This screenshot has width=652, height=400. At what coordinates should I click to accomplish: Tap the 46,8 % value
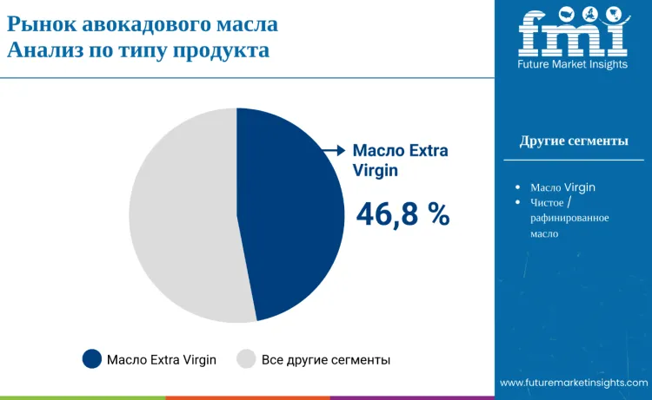[403, 213]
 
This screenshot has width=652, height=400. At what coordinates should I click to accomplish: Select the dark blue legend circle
[92, 359]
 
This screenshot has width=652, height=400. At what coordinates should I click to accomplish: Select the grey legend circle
[247, 359]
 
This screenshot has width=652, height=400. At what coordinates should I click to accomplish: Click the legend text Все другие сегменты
[326, 359]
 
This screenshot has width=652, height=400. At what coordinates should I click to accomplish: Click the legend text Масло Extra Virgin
[162, 359]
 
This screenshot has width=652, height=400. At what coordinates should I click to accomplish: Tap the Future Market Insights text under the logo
[573, 65]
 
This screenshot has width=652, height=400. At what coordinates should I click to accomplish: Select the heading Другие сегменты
[574, 141]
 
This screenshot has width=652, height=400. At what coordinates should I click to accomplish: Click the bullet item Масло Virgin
[562, 187]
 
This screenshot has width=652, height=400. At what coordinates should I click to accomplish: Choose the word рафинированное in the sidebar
[569, 218]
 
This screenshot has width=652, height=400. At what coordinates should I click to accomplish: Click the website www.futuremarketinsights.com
[574, 383]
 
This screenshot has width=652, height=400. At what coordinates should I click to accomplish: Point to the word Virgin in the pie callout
[375, 171]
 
